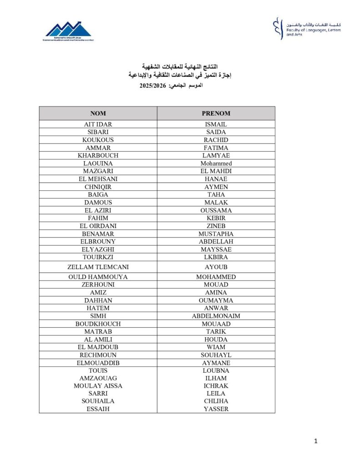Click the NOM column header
tap(98, 113)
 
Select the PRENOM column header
tap(216, 113)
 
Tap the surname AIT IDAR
tap(98, 124)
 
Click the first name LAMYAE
tap(216, 156)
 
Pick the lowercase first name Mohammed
tap(216, 163)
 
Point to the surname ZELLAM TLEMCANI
tap(98, 267)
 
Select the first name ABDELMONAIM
tap(216, 316)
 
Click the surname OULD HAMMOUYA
tap(98, 277)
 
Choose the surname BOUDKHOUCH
tap(98, 324)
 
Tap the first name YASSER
tap(216, 409)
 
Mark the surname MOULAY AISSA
tap(98, 386)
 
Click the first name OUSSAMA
tap(216, 210)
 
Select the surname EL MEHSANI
tap(98, 179)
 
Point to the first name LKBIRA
tap(216, 257)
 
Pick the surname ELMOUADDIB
tap(98, 363)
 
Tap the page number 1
tap(316, 441)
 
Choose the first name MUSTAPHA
tap(216, 234)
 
